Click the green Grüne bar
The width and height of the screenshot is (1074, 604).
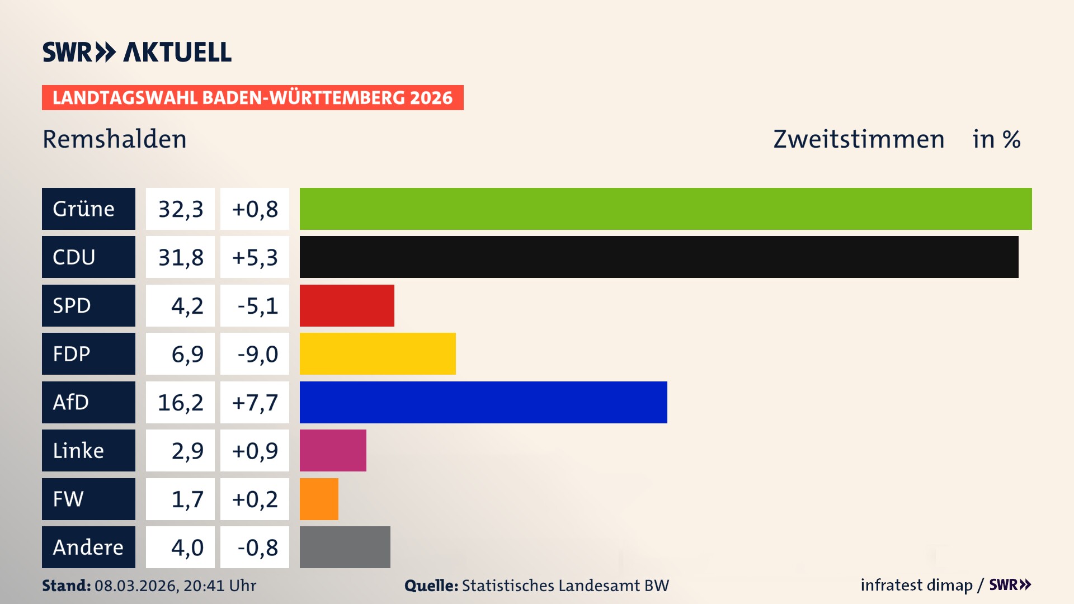(x=666, y=209)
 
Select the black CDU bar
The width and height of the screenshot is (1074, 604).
(x=659, y=257)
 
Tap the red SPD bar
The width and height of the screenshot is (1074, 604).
(x=347, y=305)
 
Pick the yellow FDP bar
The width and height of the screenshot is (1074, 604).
(x=378, y=353)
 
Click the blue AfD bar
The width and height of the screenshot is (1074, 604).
(x=483, y=402)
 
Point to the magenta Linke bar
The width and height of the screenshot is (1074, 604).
(x=333, y=450)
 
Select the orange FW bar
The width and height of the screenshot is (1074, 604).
(x=319, y=499)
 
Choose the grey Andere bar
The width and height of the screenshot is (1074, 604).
(x=345, y=547)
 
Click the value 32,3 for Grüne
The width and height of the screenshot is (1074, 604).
(x=180, y=209)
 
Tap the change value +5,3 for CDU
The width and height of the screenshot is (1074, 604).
(x=255, y=257)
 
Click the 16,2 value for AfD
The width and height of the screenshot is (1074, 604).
(x=180, y=403)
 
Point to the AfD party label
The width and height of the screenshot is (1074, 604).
(x=71, y=402)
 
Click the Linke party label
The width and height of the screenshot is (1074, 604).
(x=78, y=450)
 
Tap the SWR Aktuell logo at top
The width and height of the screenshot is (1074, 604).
(x=136, y=52)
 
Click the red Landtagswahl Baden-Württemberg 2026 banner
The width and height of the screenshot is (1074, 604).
(x=252, y=97)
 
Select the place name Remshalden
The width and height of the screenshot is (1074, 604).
(x=115, y=139)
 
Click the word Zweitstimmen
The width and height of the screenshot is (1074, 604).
(x=859, y=139)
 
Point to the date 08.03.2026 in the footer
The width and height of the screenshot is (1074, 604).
(x=135, y=586)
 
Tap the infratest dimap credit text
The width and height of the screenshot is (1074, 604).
(x=916, y=585)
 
